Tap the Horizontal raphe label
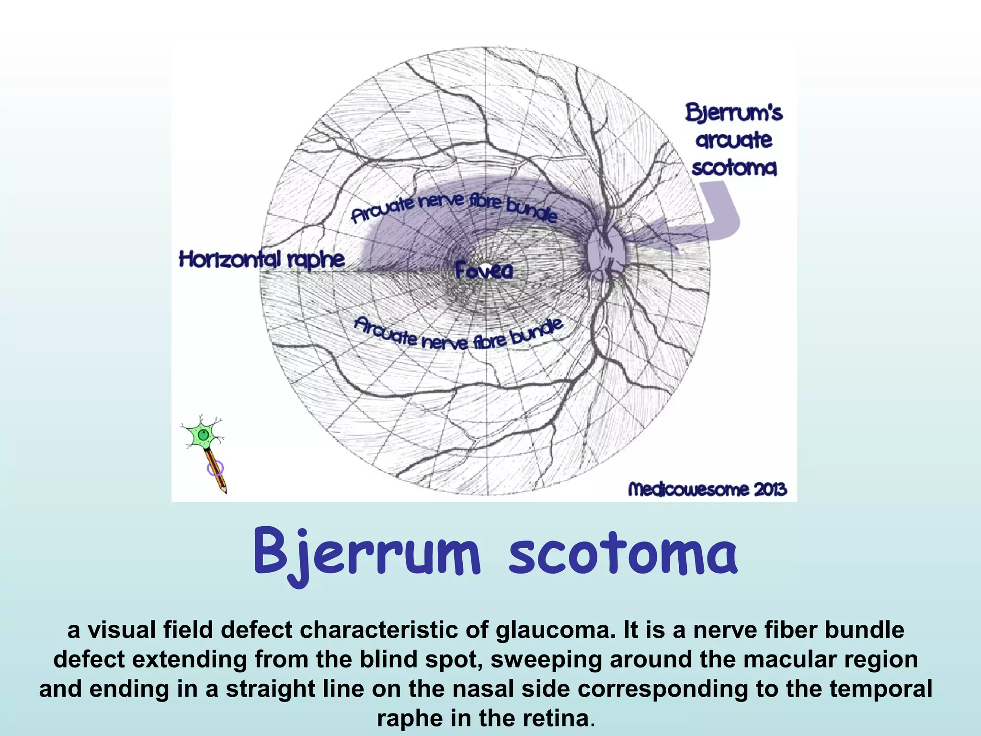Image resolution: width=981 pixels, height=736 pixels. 262,259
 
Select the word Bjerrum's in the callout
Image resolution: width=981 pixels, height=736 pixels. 734,113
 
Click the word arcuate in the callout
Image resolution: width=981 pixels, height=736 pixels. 734,140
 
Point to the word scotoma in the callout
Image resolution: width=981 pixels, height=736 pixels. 734,168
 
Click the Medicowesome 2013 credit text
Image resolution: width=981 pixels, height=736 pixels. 707,489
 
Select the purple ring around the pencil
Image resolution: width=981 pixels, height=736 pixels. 215,468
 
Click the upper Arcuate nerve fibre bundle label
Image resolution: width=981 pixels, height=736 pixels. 454,207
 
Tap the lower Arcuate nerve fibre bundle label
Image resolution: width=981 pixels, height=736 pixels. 458,336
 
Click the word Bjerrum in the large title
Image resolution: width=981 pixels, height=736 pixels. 366,552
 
